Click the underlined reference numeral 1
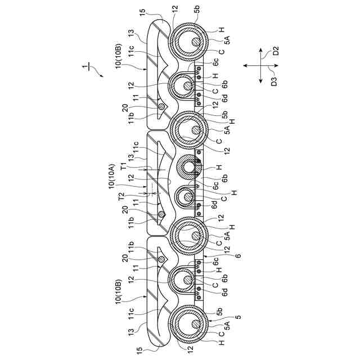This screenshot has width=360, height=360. [x=85, y=67]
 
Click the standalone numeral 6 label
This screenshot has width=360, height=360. [x=238, y=256]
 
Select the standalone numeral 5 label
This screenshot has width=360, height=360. [x=238, y=316]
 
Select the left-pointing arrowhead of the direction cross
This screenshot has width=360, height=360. [x=244, y=66]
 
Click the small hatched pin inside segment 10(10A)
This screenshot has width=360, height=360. [x=161, y=214]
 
